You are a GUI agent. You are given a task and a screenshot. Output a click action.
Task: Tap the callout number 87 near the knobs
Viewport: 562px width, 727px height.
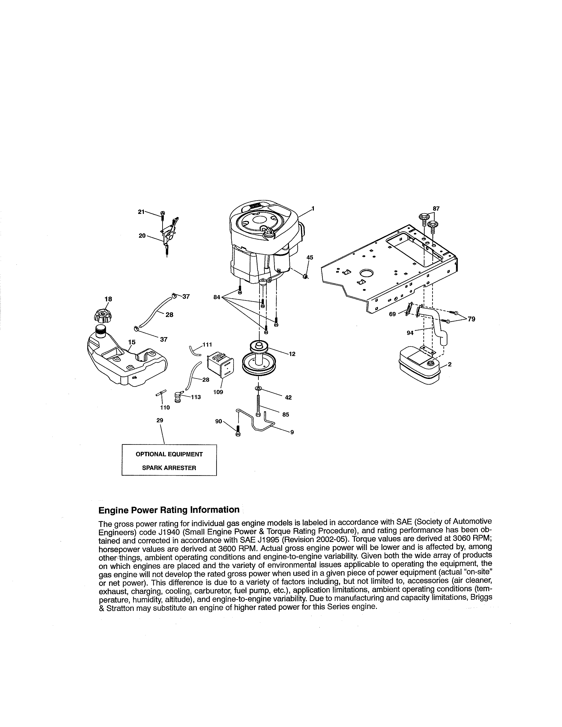click(436, 209)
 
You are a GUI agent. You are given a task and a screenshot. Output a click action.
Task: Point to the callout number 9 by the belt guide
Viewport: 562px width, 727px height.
click(292, 432)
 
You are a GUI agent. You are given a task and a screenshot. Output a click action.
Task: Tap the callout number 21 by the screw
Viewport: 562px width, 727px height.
click(141, 212)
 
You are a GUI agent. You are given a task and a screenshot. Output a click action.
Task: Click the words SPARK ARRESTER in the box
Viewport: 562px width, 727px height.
click(169, 468)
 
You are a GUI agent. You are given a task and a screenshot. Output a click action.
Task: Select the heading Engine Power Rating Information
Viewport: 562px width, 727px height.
click(169, 510)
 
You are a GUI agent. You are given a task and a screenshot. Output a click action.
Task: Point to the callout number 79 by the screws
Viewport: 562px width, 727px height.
click(471, 319)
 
